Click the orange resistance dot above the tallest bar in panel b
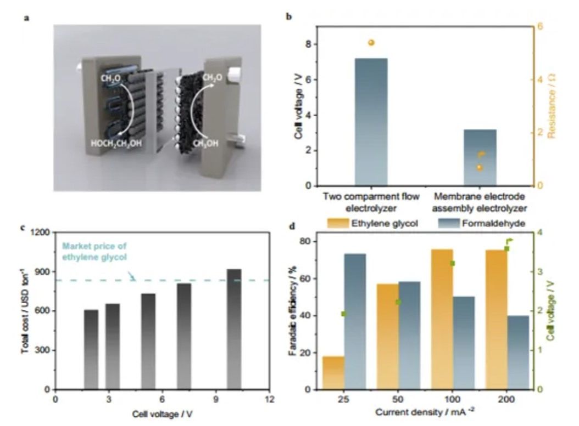coord(371,43)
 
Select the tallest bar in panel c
coord(233,329)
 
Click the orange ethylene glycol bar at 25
coord(333,373)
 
